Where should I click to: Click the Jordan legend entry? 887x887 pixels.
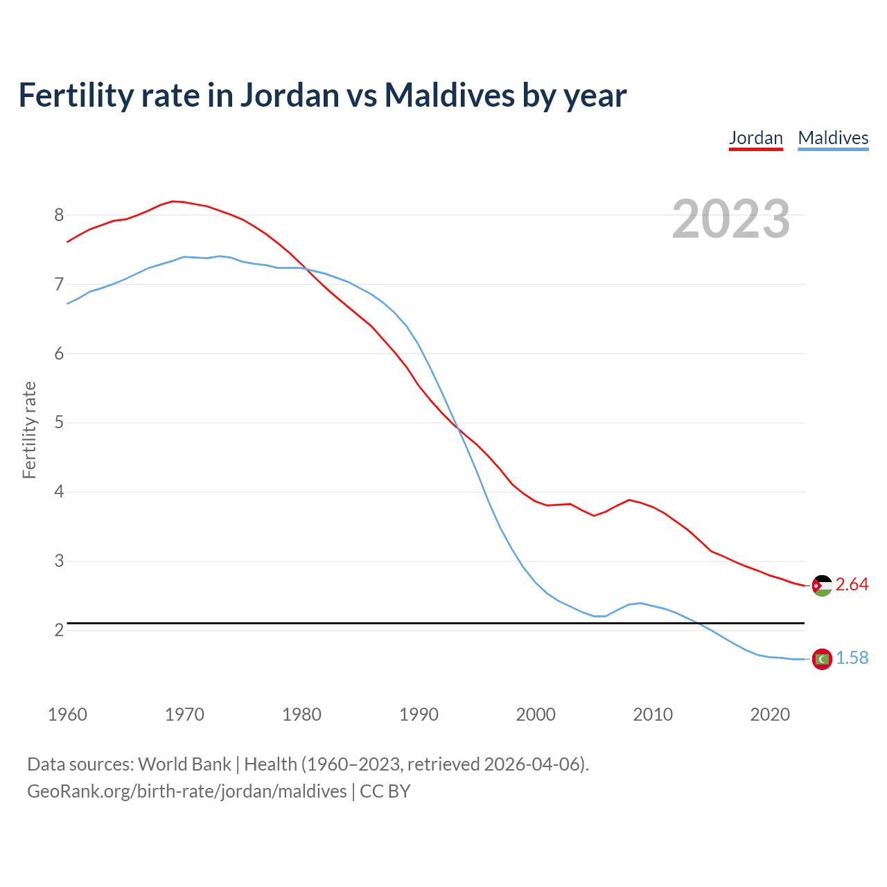tap(755, 138)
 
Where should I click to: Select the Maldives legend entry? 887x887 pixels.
tap(833, 138)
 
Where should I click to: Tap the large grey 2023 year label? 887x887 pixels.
tap(730, 219)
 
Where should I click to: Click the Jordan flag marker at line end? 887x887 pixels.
tap(822, 586)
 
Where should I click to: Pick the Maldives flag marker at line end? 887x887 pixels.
tap(822, 659)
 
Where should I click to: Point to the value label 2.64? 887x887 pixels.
tap(852, 585)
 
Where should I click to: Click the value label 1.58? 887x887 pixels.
tap(852, 658)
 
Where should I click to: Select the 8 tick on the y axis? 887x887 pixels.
tap(59, 215)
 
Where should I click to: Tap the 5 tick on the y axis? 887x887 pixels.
tap(59, 423)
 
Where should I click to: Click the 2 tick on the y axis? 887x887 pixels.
tap(59, 630)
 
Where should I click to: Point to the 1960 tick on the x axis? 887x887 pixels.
tap(67, 714)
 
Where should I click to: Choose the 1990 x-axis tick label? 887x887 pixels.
tap(419, 714)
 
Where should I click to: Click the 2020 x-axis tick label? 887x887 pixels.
tap(770, 714)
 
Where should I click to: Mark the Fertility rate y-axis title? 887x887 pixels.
tap(29, 430)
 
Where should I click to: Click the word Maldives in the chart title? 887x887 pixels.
tap(449, 95)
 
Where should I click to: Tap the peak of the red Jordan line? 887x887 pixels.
tap(173, 201)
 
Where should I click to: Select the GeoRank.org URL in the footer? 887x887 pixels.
tap(186, 791)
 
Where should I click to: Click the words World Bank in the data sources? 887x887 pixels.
tap(184, 764)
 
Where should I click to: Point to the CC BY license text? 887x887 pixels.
tap(385, 791)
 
